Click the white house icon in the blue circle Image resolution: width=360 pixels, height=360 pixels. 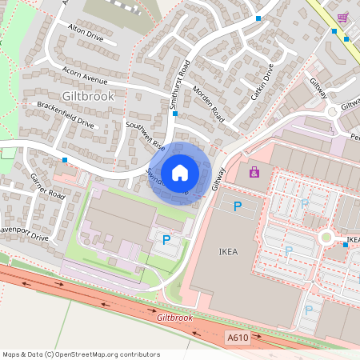[x=180, y=172]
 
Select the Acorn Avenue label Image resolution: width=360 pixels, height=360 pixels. [x=84, y=75]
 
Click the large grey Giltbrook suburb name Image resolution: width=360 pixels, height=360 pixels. [x=88, y=96]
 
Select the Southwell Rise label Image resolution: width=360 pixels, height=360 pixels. [x=144, y=135]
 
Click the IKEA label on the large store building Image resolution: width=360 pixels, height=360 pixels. [x=229, y=251]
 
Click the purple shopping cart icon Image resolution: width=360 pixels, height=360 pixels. [x=343, y=18]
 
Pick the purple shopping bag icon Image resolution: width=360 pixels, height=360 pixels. [x=254, y=171]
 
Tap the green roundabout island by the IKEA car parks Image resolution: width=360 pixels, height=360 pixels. [x=326, y=238]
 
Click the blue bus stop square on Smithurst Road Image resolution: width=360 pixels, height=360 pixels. [x=175, y=114]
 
